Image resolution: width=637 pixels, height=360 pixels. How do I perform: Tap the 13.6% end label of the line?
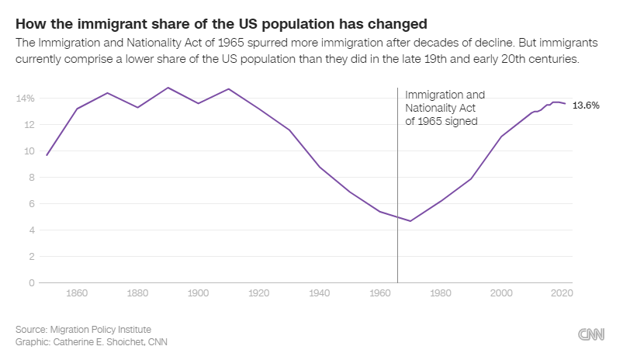tap(586, 106)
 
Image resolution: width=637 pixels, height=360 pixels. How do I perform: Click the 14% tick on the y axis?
tap(25, 99)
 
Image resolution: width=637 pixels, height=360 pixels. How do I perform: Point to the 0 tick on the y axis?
tap(31, 282)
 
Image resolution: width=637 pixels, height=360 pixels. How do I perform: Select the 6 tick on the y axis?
tap(31, 203)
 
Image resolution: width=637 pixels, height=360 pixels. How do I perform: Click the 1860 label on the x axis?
tap(77, 293)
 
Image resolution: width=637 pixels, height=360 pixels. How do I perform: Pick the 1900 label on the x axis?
tap(198, 293)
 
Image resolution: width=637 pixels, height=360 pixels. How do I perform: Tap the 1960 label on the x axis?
tap(380, 293)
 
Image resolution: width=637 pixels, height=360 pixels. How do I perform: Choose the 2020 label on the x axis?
tap(562, 293)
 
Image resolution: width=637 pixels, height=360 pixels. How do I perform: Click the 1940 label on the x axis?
tap(320, 293)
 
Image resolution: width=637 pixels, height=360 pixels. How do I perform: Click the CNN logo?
tap(591, 334)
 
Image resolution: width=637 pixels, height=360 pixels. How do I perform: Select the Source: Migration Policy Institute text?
tap(83, 329)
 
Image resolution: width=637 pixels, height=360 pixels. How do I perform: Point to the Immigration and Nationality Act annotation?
tap(445, 108)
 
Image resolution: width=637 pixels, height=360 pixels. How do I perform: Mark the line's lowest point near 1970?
tap(410, 221)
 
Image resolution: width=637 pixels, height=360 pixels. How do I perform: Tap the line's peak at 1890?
tap(168, 88)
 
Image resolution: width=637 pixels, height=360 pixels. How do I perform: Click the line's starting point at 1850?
tap(47, 155)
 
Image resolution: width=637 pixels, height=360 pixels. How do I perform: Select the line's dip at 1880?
tap(137, 107)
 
